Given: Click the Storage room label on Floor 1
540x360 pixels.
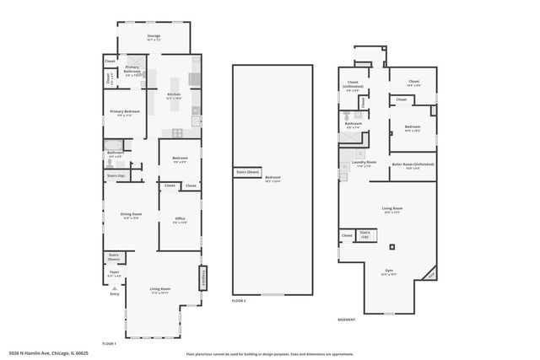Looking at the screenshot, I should [153, 37].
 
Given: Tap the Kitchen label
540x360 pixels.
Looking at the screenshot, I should [174, 95].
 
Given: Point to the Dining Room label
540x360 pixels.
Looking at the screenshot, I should [132, 216].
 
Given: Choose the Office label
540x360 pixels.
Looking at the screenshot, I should [180, 222].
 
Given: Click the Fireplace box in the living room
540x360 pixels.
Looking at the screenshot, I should [202, 278].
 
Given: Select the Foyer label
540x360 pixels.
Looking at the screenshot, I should [114, 274].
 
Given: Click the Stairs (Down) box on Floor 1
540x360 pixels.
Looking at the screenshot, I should [114, 258].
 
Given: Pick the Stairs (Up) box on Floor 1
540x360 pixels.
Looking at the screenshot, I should [116, 175].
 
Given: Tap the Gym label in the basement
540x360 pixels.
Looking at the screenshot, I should [389, 272].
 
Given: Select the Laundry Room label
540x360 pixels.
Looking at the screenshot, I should [364, 164].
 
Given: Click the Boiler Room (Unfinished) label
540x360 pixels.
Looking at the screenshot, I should [413, 166].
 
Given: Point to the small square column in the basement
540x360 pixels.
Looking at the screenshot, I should [391, 247].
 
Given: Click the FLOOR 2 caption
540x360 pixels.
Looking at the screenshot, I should [240, 300].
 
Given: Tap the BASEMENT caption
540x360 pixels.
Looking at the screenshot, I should [347, 319].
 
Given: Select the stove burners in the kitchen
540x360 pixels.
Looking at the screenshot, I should [177, 132].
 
